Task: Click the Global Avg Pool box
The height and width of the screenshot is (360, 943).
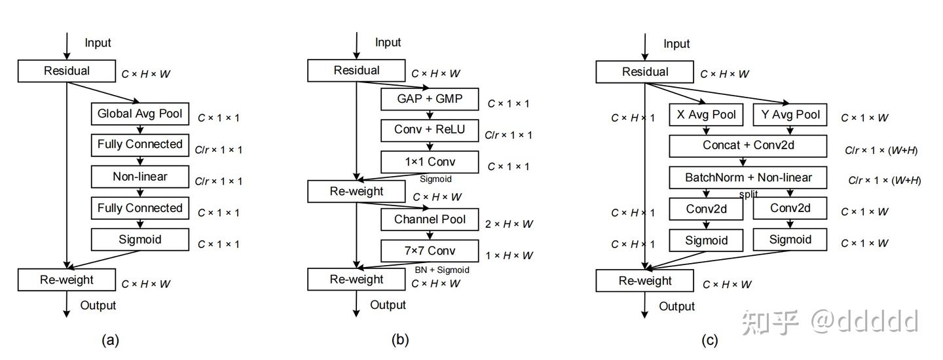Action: click(x=139, y=114)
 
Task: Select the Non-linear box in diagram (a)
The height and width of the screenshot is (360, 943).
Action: click(x=139, y=177)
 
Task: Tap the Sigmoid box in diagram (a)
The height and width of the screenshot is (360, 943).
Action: click(x=139, y=240)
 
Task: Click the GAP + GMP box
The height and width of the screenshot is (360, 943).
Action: click(x=430, y=99)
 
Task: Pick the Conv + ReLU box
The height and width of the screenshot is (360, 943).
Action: click(x=430, y=130)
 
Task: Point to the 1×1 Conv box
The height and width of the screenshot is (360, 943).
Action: click(x=430, y=162)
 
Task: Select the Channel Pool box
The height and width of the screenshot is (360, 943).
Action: click(x=430, y=220)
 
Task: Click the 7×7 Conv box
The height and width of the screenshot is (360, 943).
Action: click(x=430, y=251)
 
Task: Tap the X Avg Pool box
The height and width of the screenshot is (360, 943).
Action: click(x=706, y=115)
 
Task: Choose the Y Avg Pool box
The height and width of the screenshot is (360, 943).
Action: click(x=790, y=115)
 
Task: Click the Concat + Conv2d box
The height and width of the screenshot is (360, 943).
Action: click(x=748, y=145)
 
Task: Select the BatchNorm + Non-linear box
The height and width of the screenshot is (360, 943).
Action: click(x=748, y=177)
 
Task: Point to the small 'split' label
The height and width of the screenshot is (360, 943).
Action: click(x=749, y=194)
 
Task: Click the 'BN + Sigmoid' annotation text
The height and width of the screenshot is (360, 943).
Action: click(x=442, y=270)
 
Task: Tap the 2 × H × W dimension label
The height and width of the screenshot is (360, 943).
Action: click(x=509, y=224)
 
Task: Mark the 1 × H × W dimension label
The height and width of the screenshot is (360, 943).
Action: click(x=509, y=255)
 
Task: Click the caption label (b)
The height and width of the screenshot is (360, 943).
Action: click(x=399, y=340)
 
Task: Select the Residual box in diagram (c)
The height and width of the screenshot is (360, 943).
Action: click(x=644, y=72)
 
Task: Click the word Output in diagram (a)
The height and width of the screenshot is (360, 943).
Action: click(x=98, y=305)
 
